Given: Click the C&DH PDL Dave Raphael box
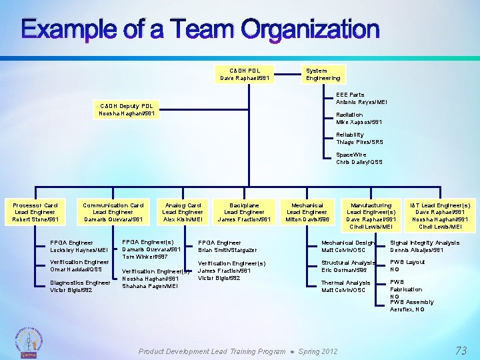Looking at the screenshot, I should click(245, 74).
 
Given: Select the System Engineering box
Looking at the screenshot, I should click(323, 74).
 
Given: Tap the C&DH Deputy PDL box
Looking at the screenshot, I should click(127, 109).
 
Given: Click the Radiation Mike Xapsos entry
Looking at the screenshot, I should click(359, 119).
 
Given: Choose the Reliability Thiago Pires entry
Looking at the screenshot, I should click(359, 139).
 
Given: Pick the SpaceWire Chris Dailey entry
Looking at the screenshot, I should click(359, 159).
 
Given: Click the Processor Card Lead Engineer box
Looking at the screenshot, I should click(36, 212).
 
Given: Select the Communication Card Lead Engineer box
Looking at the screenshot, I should click(113, 212).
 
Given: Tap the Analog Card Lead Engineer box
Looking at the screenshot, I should click(183, 212).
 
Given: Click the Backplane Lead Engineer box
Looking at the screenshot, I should click(245, 212).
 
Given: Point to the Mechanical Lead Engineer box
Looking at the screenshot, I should click(307, 212).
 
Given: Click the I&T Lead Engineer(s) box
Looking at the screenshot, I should click(440, 215).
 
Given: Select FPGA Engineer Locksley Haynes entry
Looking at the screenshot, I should click(79, 246).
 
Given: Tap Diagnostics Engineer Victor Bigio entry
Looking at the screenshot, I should click(80, 286).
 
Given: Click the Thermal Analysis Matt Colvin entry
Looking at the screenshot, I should click(343, 286).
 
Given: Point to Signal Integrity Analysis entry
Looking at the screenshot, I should click(425, 246).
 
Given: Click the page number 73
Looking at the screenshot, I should click(461, 350).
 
